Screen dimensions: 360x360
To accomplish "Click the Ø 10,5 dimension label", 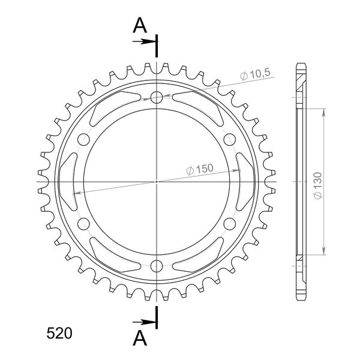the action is [255, 74].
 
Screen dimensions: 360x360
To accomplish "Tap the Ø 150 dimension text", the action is [200, 169].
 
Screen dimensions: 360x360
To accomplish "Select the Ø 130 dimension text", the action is [318, 185].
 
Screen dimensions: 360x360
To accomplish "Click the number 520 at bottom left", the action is [59, 333].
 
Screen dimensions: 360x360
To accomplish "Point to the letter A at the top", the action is [140, 25].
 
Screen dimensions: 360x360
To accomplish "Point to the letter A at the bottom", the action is [140, 338].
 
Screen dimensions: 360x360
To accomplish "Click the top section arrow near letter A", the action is [144, 41].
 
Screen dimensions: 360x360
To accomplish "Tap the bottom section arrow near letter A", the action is [144, 322].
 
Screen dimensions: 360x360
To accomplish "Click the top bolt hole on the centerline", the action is [157, 97].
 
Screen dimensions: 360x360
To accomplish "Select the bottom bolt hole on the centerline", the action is [157, 266].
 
